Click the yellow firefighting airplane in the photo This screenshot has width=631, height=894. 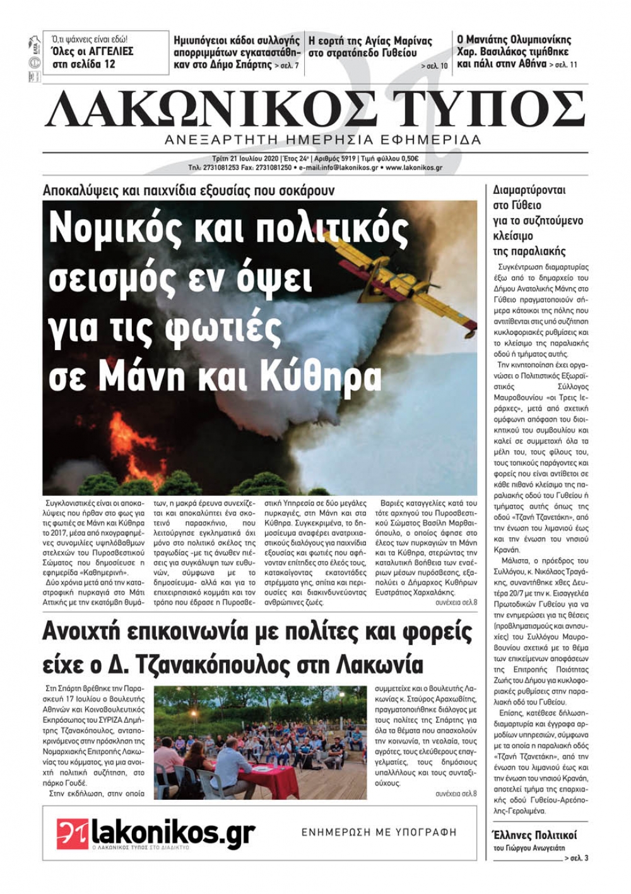[429, 296]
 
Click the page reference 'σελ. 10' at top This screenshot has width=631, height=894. [435, 66]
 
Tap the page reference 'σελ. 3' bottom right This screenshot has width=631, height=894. [578, 857]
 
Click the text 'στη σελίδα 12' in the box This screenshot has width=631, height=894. [84, 64]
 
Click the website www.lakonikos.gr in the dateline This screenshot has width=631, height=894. [413, 168]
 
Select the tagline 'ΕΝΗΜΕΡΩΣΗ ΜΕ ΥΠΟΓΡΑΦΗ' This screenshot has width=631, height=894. [379, 833]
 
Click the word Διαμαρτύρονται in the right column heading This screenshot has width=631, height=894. [529, 190]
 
